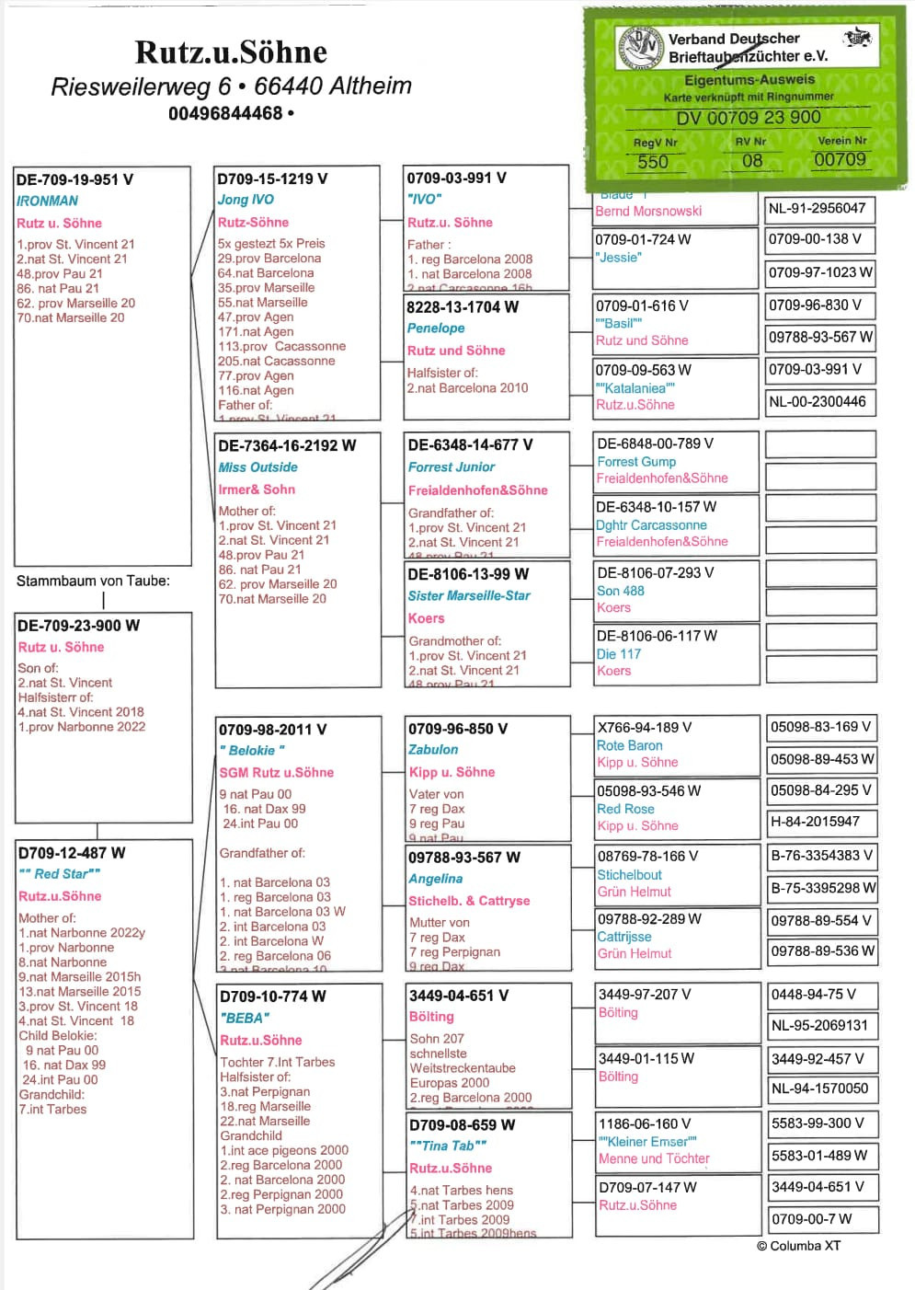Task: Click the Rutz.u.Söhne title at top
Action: coord(231,52)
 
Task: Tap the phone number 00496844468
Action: coord(226,113)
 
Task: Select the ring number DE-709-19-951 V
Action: coord(74,179)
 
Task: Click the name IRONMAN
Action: coord(47,201)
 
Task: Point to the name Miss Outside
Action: coord(257,467)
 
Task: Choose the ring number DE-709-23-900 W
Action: coord(79,626)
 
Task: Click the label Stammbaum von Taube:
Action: coord(93,581)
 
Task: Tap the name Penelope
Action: coord(436,328)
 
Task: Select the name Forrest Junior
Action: coord(452,467)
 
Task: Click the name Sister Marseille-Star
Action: coord(469,596)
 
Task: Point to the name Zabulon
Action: coord(433,750)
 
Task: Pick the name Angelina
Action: coord(435,879)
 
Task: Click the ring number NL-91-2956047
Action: coord(817,209)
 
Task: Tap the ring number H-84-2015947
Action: coord(815,822)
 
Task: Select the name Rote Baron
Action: coord(629,745)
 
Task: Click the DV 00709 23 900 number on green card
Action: coord(748,118)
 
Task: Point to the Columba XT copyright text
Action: coord(798,1246)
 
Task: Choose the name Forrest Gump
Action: coord(636,462)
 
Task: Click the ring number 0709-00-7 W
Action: coord(811,1219)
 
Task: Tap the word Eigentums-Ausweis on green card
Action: coord(749,80)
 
